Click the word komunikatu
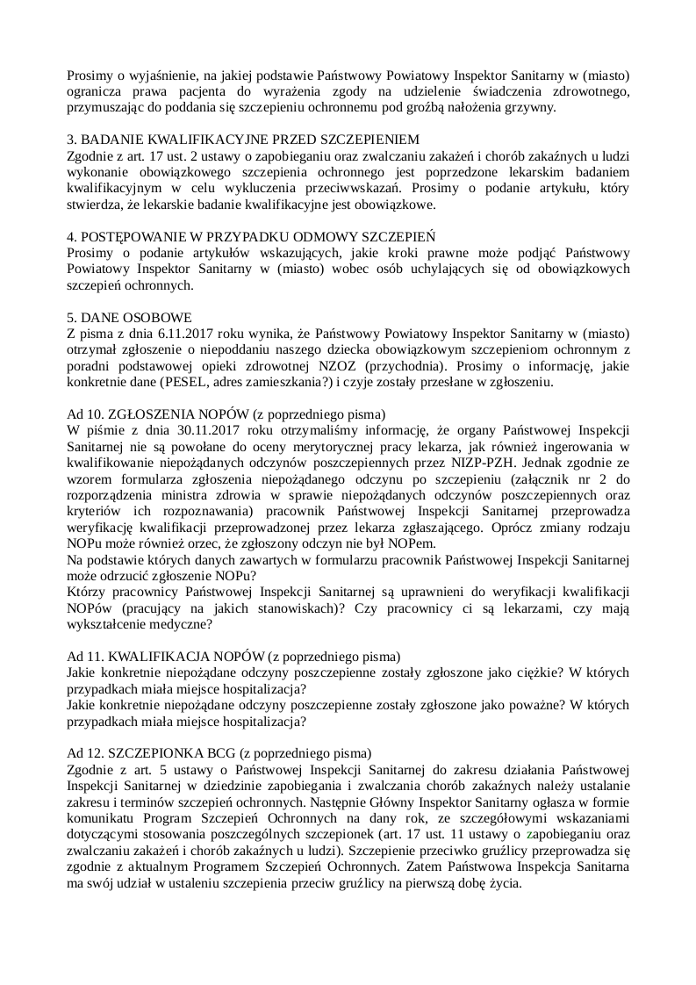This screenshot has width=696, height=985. pyautogui.click(x=105, y=817)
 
